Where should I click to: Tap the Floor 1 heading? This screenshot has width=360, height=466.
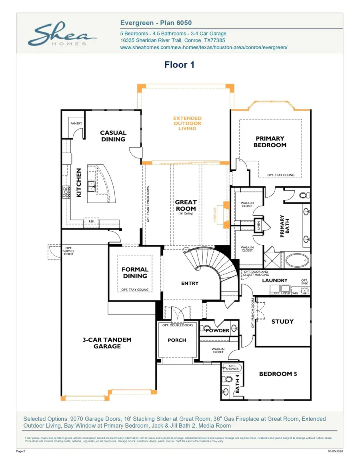click(179, 65)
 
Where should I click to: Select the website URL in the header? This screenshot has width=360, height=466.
click(204, 47)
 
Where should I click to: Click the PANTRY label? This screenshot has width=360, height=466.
click(76, 124)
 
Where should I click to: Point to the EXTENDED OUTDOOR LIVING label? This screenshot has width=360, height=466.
click(187, 123)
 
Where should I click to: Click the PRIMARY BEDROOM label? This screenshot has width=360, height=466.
click(270, 142)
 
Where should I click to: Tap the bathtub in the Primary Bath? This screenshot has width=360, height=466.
click(297, 261)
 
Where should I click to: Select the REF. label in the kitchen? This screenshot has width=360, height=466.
click(91, 221)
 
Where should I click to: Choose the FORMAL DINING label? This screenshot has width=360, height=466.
click(135, 272)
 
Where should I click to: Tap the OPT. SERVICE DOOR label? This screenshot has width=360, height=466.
click(69, 251)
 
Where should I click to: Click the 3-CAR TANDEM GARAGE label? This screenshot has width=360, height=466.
click(107, 343)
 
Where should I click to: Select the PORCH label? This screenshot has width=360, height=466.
click(177, 340)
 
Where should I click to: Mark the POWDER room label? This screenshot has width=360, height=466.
click(217, 330)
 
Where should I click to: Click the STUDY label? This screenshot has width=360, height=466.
click(282, 321)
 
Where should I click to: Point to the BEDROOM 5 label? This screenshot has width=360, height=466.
click(278, 374)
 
